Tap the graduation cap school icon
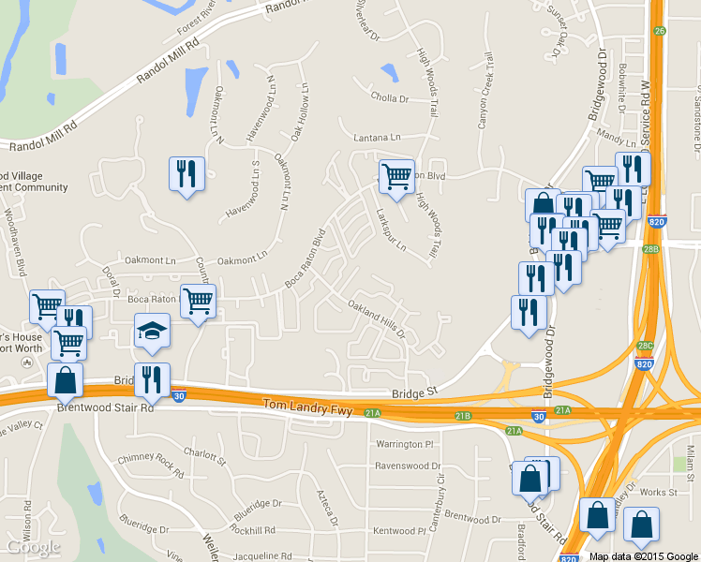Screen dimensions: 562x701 pyautogui.click(x=152, y=332)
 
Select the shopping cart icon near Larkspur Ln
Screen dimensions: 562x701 pyautogui.click(x=396, y=176)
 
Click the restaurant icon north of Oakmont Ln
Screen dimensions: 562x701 pyautogui.click(x=186, y=174)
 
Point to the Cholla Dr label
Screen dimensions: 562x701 pyautogui.click(x=390, y=97)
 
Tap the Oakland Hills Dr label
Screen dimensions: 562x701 pyautogui.click(x=377, y=319)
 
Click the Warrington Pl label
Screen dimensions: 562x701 pyautogui.click(x=405, y=444)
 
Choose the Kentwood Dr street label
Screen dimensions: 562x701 pyautogui.click(x=406, y=531)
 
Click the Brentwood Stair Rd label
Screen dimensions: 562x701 pyautogui.click(x=105, y=408)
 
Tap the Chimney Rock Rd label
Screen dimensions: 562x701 pyautogui.click(x=152, y=460)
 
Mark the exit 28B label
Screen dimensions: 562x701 pyautogui.click(x=651, y=249)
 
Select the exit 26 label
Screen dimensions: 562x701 pyautogui.click(x=661, y=31)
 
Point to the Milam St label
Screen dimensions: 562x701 pyautogui.click(x=690, y=460)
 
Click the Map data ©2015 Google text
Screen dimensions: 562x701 pyautogui.click(x=643, y=556)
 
